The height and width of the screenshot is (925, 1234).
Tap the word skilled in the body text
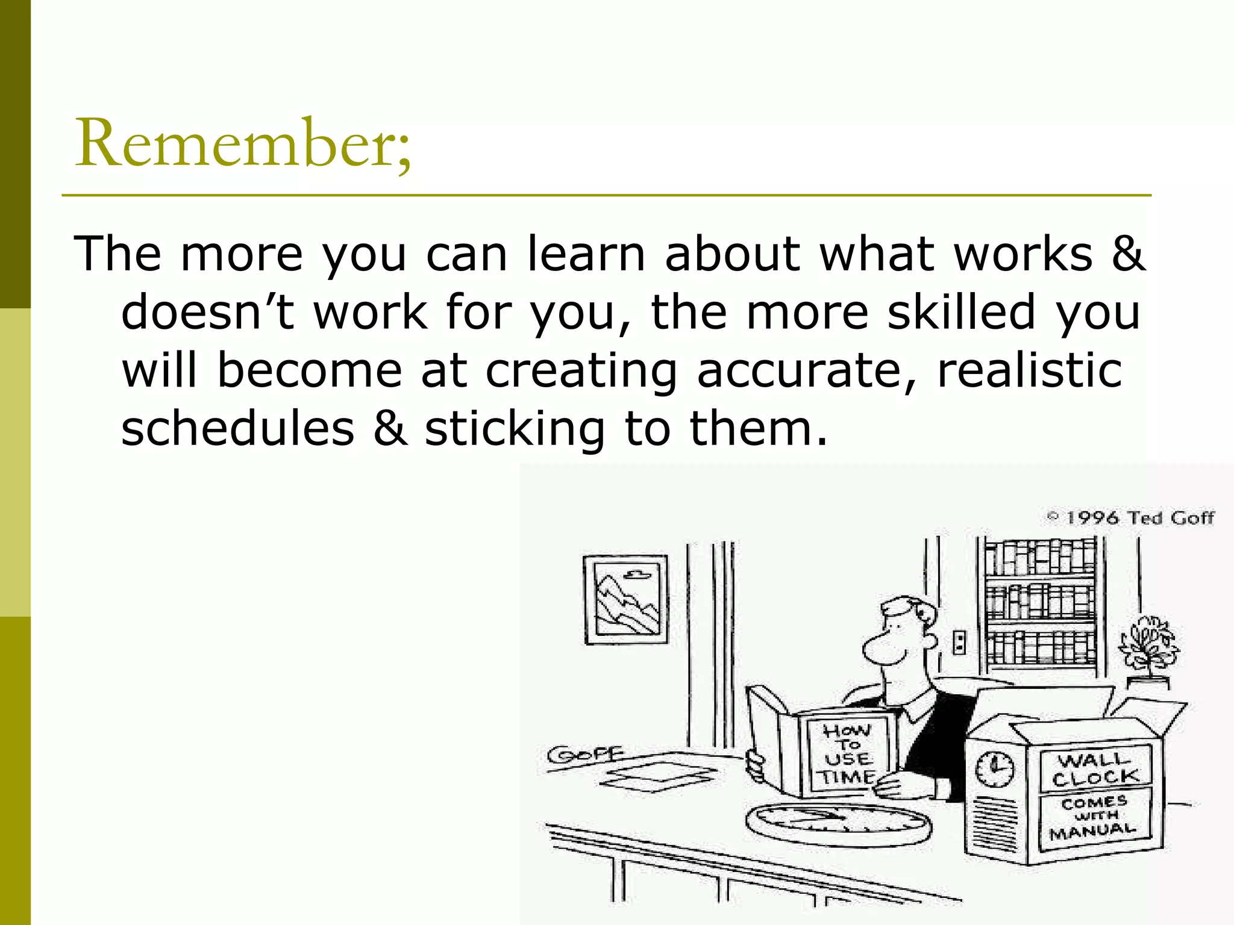pyautogui.click(x=961, y=312)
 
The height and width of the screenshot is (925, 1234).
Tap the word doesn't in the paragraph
pyautogui.click(x=208, y=312)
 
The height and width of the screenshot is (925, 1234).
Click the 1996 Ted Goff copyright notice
pyautogui.click(x=1130, y=518)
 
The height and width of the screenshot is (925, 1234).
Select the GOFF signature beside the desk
pyautogui.click(x=584, y=754)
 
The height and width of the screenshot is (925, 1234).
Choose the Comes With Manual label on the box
pyautogui.click(x=1094, y=817)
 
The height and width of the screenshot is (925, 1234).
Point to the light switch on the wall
pyautogui.click(x=959, y=642)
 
